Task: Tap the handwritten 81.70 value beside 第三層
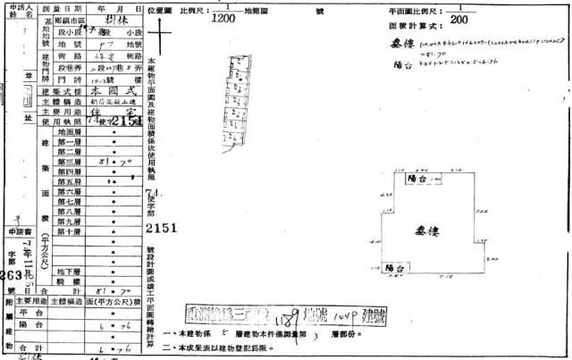click(111, 163)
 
